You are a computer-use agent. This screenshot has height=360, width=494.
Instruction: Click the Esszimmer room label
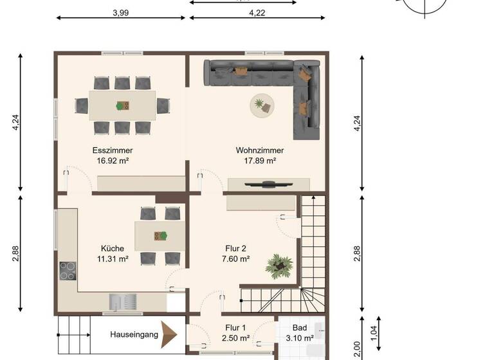coord(113,150)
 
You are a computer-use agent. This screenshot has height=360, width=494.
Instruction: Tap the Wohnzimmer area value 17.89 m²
coord(259,161)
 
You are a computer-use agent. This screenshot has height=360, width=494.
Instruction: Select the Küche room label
coord(113,248)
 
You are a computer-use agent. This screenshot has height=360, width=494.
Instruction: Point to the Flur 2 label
coord(235,248)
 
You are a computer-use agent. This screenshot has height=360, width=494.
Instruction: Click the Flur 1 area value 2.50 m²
coord(235,337)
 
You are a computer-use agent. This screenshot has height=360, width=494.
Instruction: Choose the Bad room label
coord(300,327)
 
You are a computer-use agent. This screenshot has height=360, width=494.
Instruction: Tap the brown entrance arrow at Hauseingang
coord(169,334)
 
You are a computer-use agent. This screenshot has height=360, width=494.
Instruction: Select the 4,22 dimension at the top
coord(256,12)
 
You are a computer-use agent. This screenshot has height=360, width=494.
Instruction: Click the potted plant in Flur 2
coord(279,264)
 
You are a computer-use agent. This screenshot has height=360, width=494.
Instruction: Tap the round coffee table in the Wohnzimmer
coord(262,105)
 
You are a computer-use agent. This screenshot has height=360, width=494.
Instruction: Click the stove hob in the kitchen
coord(68,271)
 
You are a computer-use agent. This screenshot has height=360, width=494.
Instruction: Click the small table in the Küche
coord(160,235)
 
